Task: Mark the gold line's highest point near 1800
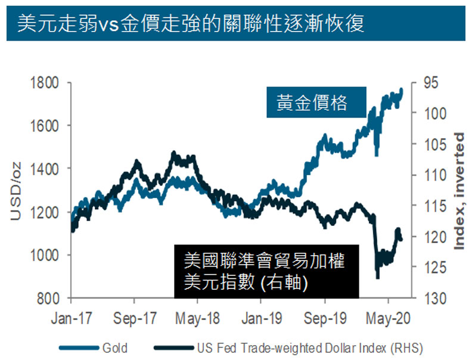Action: point(401,89)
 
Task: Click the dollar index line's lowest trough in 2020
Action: point(377,277)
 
